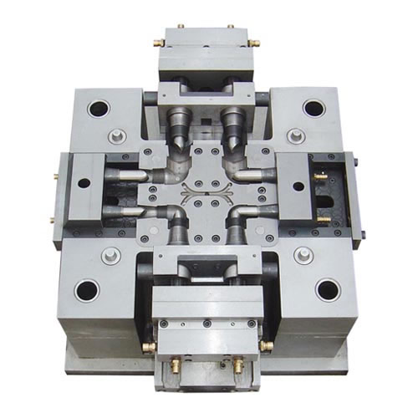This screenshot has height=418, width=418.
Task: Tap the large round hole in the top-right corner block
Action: pyautogui.click(x=313, y=108)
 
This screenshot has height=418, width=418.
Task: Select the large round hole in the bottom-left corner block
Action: pyautogui.click(x=86, y=290)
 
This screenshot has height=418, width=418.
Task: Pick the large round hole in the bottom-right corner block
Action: pyautogui.click(x=328, y=289)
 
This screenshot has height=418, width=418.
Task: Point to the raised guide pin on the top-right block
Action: pyautogui.click(x=295, y=134)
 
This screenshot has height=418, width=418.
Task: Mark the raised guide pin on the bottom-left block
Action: pyautogui.click(x=106, y=255)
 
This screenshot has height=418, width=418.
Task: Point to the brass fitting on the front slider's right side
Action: pyautogui.click(x=267, y=344)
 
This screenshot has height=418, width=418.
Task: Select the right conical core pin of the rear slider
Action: pyautogui.click(x=232, y=126)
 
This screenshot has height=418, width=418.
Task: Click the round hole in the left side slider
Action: pyautogui.click(x=84, y=182)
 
